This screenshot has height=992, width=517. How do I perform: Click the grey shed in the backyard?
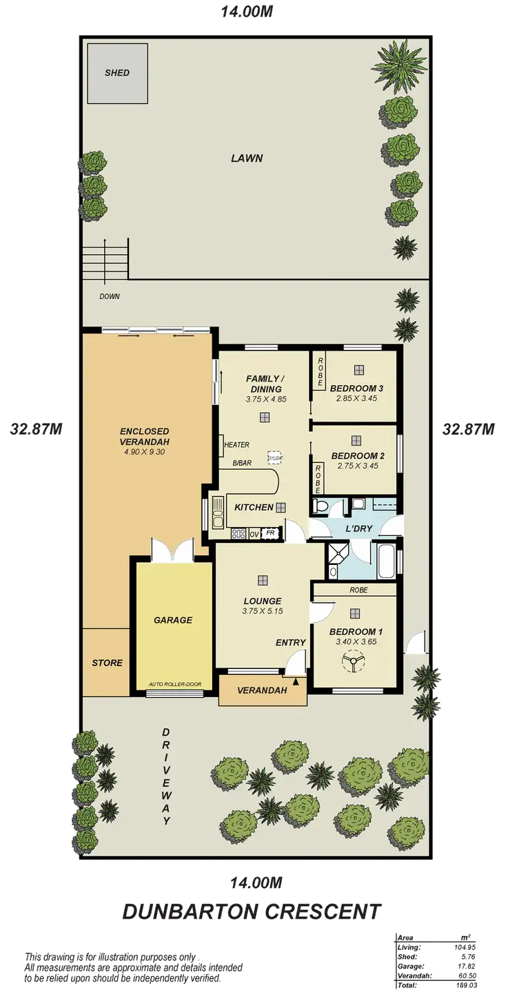click(116, 73)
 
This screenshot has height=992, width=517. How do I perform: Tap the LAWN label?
click(247, 158)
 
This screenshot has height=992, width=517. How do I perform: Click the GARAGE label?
click(172, 620)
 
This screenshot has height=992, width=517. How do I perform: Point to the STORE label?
click(107, 663)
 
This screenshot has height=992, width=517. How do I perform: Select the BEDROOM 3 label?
click(356, 388)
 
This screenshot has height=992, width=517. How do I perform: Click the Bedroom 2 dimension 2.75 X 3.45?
click(356, 466)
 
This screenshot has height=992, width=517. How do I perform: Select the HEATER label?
click(236, 445)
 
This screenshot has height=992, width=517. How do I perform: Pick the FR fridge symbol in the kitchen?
click(271, 533)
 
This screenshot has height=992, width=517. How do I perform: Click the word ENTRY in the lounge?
click(290, 643)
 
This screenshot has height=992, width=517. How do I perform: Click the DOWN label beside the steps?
click(109, 297)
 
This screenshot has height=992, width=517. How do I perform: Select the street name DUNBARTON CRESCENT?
click(250, 913)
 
